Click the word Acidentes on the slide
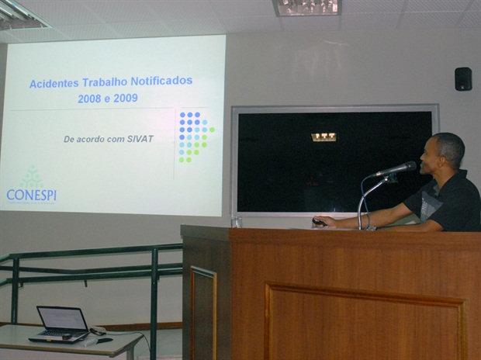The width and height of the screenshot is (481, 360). [x=54, y=84]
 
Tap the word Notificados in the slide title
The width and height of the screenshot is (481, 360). [x=161, y=81]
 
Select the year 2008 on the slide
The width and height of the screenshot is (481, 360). [x=89, y=99]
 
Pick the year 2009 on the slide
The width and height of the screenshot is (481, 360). [x=126, y=99]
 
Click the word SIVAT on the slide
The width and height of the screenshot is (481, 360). [x=140, y=139]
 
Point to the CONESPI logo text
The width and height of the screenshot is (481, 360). [x=31, y=195]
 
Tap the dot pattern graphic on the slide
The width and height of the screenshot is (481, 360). [x=196, y=137]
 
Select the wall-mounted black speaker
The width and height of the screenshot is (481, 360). [x=463, y=79]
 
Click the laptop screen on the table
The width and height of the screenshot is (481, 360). [x=63, y=318]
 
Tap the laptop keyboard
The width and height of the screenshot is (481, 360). [x=61, y=334]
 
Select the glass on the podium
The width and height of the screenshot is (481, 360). [x=237, y=222]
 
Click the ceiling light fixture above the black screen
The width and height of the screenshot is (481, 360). [x=306, y=7]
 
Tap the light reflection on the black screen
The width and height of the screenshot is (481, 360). [x=324, y=137]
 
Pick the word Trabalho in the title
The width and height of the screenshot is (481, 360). [x=105, y=82]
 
